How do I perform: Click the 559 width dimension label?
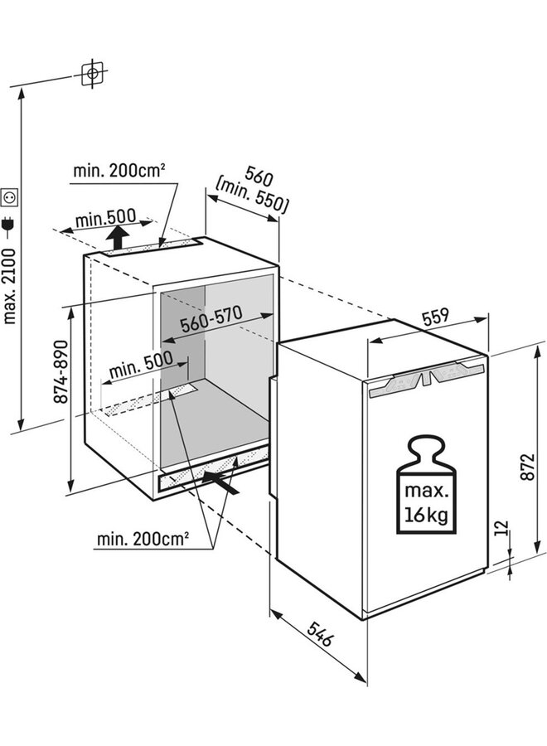(x=435, y=317)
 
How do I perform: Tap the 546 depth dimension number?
(x=321, y=632)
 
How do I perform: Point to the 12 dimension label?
(x=501, y=528)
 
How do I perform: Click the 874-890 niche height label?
(x=61, y=372)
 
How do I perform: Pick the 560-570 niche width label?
(x=211, y=319)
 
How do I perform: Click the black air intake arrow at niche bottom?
(x=220, y=482)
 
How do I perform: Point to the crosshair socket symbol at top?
(x=92, y=74)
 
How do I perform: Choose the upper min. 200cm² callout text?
(x=119, y=170)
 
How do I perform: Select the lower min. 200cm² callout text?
(x=143, y=539)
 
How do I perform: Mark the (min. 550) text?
(x=251, y=196)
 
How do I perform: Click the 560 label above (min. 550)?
(x=259, y=176)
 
